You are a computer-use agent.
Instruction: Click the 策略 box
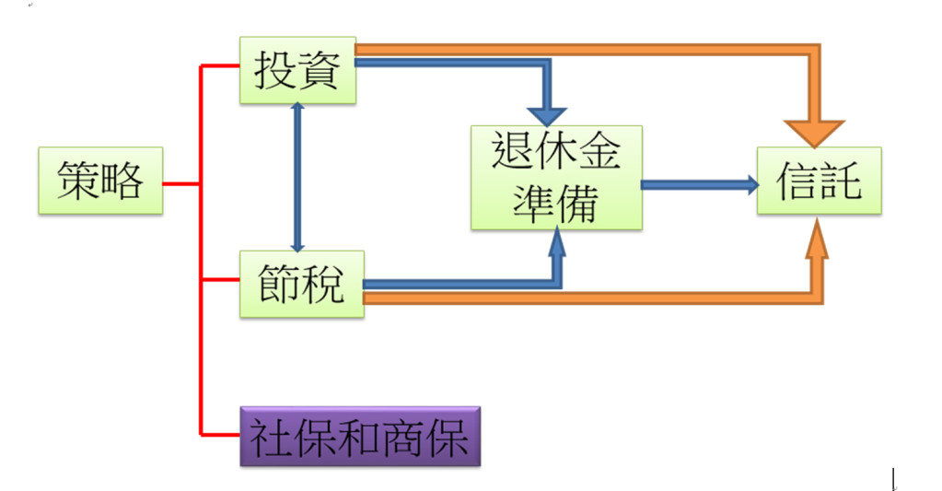pyautogui.click(x=100, y=181)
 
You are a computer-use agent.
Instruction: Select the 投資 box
pyautogui.click(x=297, y=70)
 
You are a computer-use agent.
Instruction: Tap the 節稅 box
pyautogui.click(x=301, y=284)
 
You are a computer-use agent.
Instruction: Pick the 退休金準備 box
pyautogui.click(x=556, y=177)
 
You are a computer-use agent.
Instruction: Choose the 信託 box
pyautogui.click(x=819, y=181)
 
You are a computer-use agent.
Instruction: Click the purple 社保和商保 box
pyautogui.click(x=360, y=436)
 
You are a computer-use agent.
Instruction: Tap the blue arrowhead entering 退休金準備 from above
pyautogui.click(x=550, y=114)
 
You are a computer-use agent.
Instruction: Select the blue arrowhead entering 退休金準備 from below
pyautogui.click(x=557, y=243)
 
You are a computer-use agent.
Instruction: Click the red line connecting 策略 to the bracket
pyautogui.click(x=181, y=183)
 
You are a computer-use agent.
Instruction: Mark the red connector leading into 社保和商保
pyautogui.click(x=220, y=434)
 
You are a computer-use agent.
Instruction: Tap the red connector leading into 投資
pyautogui.click(x=220, y=65)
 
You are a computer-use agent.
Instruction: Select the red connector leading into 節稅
pyautogui.click(x=220, y=279)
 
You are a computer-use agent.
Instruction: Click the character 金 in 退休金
pyautogui.click(x=599, y=150)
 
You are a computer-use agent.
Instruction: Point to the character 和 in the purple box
pyautogui.click(x=359, y=436)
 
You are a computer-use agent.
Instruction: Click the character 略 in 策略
pyautogui.click(x=122, y=181)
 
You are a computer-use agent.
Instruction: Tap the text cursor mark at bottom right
pyautogui.click(x=893, y=479)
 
